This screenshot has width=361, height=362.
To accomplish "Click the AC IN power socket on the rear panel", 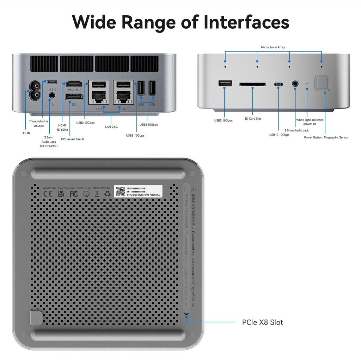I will coord(36,91).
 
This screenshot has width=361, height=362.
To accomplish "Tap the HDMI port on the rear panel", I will coord(74,84).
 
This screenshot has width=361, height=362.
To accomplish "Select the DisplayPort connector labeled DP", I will coord(74,96).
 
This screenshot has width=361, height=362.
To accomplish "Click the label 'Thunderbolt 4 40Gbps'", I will coord(36,123).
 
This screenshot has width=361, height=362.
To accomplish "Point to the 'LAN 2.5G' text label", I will coord(111,126).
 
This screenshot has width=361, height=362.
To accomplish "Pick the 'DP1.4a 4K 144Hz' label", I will coord(73,139).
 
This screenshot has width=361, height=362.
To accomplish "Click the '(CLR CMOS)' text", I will coord(49,146).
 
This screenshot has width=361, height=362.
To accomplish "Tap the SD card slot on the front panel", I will coord(252,84).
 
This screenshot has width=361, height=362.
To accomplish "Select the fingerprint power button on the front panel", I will coord(322,83).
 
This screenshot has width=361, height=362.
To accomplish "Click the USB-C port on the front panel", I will coord(278,84).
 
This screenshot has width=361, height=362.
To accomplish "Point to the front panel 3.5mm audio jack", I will coord(295,84).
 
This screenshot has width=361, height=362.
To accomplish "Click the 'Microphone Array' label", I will coord(273,47).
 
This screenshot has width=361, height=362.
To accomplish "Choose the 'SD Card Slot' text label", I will coord(253,119).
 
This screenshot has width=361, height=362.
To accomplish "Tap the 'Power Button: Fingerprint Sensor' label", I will coord(326,137).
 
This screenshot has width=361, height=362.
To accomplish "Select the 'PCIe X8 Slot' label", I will coord(262,322).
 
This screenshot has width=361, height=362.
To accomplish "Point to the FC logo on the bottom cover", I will coord(74,194).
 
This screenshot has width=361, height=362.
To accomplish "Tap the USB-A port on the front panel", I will coord(225,83).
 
